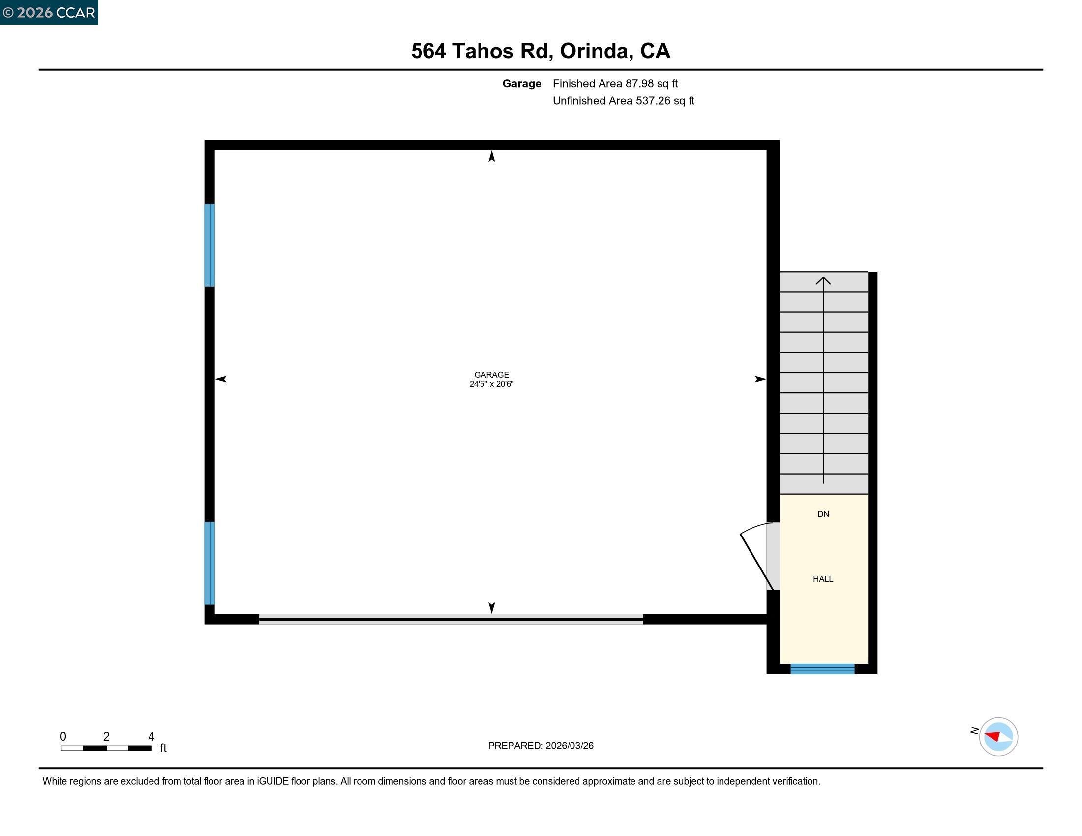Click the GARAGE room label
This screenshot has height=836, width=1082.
tap(491, 375)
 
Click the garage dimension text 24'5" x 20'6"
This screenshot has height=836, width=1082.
tap(491, 384)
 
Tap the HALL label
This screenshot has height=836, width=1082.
tap(822, 578)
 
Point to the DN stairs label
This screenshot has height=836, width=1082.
tap(823, 514)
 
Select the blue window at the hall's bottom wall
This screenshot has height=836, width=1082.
tap(822, 669)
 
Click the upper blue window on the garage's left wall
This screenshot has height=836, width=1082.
tap(210, 245)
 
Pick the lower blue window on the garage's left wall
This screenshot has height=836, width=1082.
tap(210, 563)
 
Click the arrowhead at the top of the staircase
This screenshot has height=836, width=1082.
tap(823, 281)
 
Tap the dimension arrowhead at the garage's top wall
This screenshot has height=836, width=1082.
tap(491, 156)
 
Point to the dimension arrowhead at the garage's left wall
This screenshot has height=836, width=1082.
tap(221, 379)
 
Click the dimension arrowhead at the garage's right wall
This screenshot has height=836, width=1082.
tap(760, 379)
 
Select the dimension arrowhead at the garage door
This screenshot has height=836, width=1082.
tap(491, 608)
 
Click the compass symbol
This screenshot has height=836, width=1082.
tap(998, 737)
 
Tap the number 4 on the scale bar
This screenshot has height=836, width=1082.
tap(151, 736)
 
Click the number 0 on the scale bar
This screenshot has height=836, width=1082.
tap(63, 736)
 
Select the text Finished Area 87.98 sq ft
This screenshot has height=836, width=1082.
tap(615, 83)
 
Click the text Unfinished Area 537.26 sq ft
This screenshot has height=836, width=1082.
tap(623, 100)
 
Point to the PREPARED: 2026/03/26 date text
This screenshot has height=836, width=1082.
tap(541, 746)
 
